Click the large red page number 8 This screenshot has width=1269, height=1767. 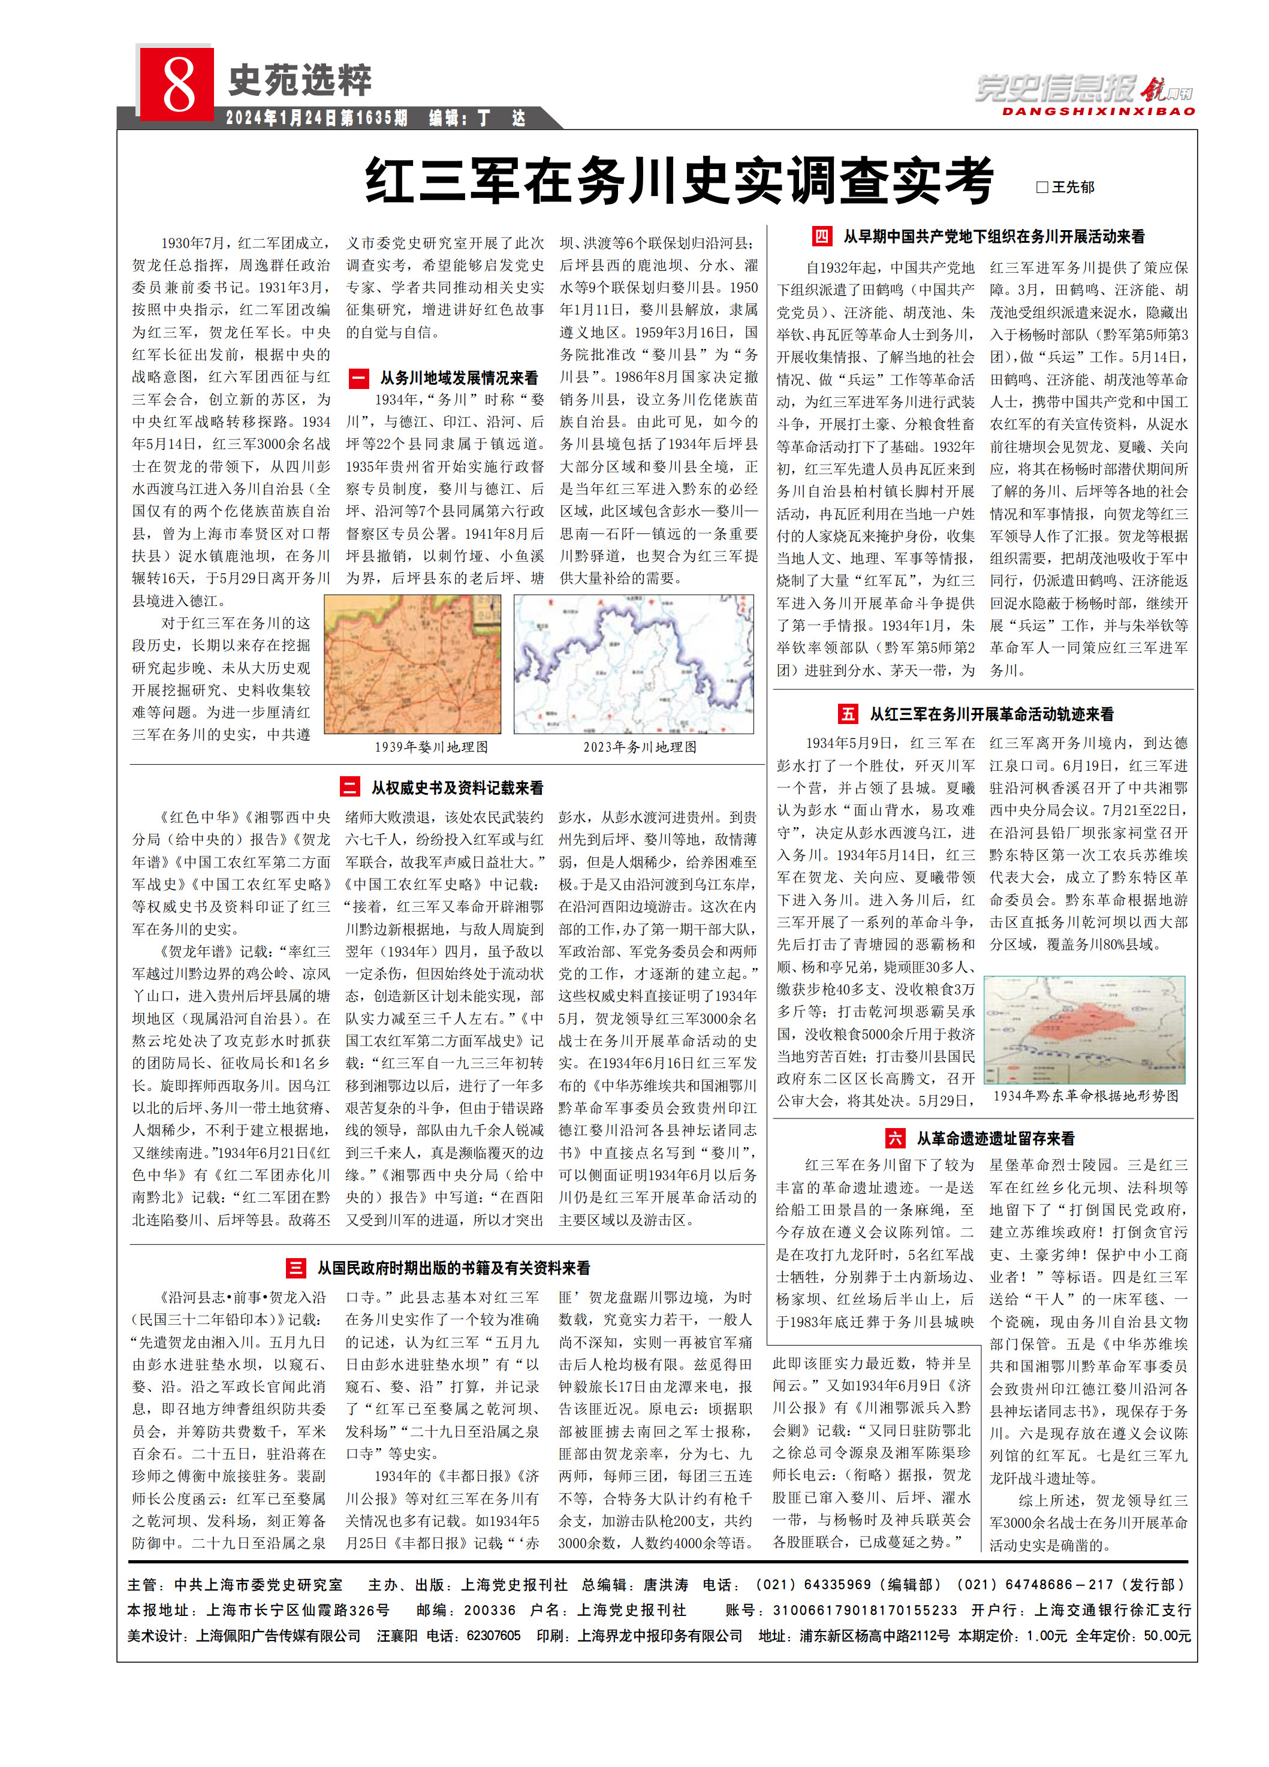(x=177, y=83)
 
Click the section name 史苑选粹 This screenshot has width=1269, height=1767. (x=299, y=80)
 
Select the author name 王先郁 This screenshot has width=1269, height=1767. (x=1072, y=187)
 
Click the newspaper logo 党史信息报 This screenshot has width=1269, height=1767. (x=1056, y=89)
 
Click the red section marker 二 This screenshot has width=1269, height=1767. (x=350, y=787)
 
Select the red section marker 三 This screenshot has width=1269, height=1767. (x=296, y=1268)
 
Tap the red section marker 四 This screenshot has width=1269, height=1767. (x=821, y=236)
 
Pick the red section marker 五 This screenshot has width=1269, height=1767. (x=848, y=714)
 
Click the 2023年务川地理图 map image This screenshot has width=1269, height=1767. (x=634, y=665)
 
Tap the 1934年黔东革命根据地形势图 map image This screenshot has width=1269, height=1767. (x=1084, y=1030)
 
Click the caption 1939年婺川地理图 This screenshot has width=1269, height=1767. (x=431, y=747)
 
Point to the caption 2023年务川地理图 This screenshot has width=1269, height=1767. (x=640, y=747)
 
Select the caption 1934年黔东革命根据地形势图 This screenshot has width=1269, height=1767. (x=1085, y=1096)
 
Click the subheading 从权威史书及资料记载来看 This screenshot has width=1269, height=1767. (x=457, y=788)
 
